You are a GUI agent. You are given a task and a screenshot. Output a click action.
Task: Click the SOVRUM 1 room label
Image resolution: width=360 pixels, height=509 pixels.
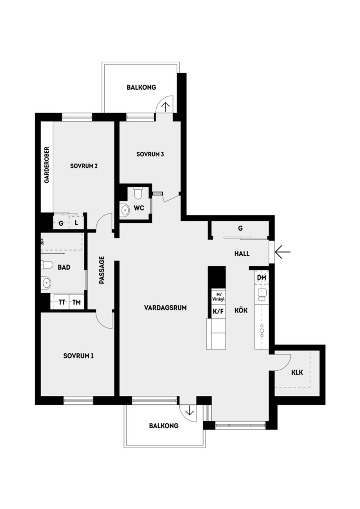pos(78,356)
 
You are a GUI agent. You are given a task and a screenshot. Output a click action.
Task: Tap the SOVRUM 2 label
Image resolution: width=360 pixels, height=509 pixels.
pos(84,166)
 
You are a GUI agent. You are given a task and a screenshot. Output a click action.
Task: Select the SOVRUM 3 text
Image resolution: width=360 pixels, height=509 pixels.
pos(150,154)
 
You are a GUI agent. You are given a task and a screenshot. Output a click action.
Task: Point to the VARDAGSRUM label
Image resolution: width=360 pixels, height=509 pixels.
pos(165,308)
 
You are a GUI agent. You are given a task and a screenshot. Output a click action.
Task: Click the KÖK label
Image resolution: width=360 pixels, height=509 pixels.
pos(241,311)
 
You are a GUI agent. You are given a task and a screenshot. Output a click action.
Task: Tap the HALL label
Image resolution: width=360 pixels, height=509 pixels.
pos(242,254)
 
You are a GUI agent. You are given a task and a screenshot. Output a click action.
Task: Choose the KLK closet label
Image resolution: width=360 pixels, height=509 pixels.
pos(297,372)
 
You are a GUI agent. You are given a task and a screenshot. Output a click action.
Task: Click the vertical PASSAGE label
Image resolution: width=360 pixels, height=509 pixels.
pos(102,270)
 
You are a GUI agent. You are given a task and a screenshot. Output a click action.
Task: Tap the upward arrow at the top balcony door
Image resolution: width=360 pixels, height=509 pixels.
pos(165,106)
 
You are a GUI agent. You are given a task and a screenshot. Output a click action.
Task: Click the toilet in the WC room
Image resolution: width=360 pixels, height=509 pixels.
pos(138,193)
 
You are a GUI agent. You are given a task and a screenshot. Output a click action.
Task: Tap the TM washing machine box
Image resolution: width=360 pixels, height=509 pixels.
pos(76,302)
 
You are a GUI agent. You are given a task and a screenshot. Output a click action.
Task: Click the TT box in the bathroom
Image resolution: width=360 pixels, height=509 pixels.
pos(62,302)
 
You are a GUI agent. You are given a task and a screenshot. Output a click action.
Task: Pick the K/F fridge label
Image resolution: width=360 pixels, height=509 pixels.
pos(218,311)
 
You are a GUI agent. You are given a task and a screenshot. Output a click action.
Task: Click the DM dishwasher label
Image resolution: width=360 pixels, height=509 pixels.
pos(261,278)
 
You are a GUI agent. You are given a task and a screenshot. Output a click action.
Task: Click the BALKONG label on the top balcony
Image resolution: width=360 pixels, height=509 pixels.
pos(141,87)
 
